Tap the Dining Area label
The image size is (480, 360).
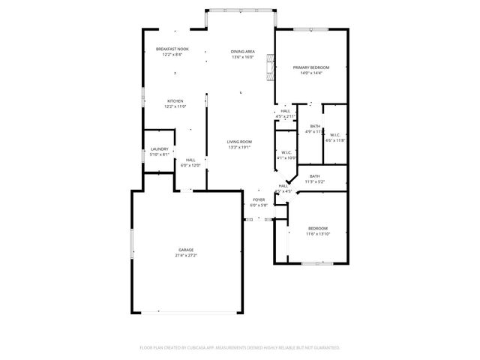(242, 51)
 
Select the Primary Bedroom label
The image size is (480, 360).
(310, 67)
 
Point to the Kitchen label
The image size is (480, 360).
(175, 101)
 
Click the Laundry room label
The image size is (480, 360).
(158, 149)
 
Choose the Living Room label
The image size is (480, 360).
(239, 142)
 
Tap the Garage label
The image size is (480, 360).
(186, 250)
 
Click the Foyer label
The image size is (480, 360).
(258, 199)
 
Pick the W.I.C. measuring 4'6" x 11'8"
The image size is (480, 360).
(335, 135)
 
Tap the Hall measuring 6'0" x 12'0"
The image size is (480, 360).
(190, 160)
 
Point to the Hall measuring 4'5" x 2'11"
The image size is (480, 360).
(286, 111)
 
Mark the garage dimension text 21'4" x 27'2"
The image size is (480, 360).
(186, 255)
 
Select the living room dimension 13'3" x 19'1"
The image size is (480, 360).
(239, 147)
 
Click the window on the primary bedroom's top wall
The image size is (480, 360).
(310, 30)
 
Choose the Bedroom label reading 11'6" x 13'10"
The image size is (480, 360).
(317, 228)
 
